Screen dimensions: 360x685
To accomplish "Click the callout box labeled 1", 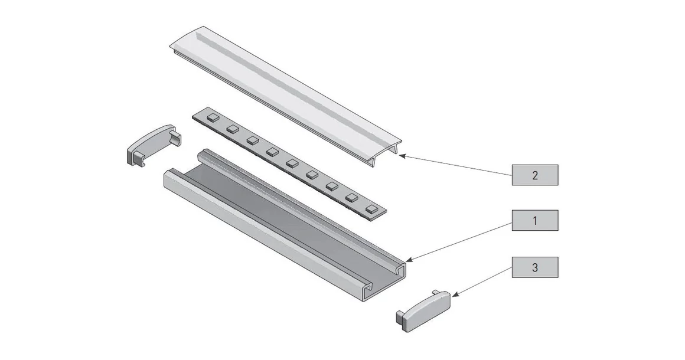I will tap(534, 221).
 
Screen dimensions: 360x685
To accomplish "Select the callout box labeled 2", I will tap(534, 175).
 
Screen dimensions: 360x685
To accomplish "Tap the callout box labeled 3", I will tap(534, 267).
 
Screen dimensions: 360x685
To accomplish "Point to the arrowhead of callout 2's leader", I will tap(401, 156).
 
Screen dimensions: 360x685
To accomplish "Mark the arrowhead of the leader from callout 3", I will tap(456, 293).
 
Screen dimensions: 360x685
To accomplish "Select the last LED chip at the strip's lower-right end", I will tap(371, 208).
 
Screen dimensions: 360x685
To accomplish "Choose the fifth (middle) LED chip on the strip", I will tap(292, 163).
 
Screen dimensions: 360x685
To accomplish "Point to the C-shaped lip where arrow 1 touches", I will tap(399, 269).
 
